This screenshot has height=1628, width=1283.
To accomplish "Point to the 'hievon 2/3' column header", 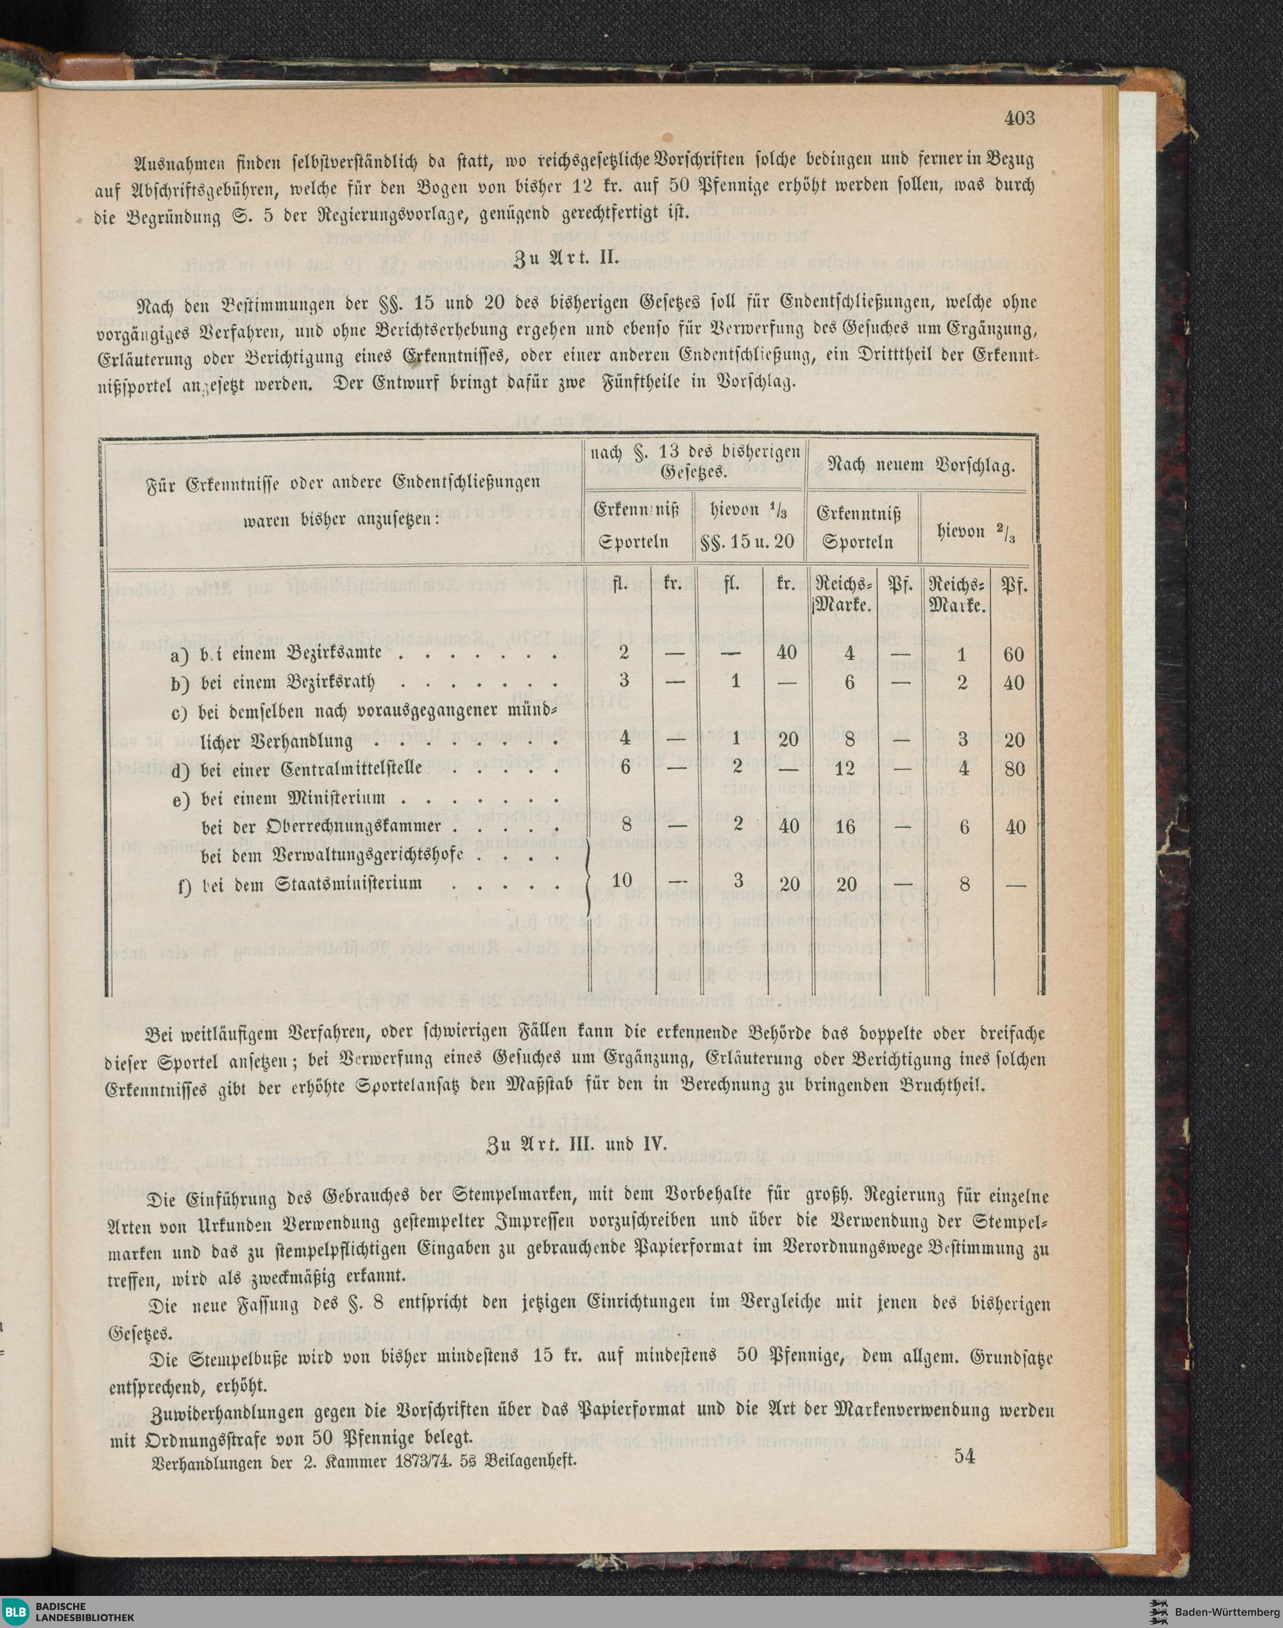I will click(x=980, y=533).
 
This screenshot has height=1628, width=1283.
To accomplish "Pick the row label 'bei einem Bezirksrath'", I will click(x=287, y=682).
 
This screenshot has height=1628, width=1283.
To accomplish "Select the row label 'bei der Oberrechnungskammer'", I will click(x=321, y=827).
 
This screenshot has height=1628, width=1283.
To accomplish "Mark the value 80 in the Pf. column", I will click(x=1014, y=770).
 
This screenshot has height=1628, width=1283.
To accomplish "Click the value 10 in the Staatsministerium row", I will click(x=623, y=881).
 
